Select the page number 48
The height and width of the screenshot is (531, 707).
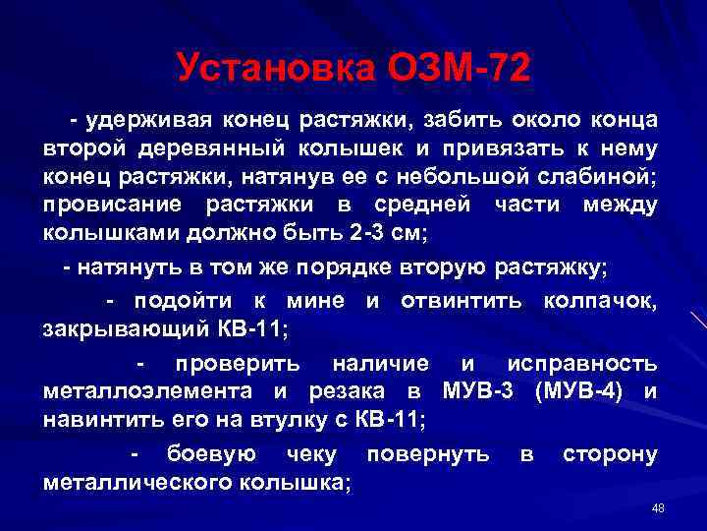tap(658, 507)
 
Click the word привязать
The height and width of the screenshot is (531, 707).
tap(509, 148)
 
